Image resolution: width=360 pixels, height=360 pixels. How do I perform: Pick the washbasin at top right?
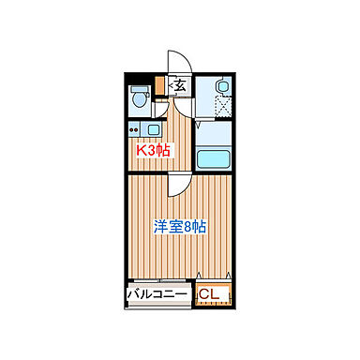(x=221, y=87)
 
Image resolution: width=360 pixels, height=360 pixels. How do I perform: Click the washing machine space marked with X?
(x=221, y=108)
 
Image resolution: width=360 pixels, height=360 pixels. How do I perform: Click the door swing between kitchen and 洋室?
(x=176, y=183)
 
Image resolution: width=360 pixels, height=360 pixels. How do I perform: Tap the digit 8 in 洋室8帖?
(x=188, y=226)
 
